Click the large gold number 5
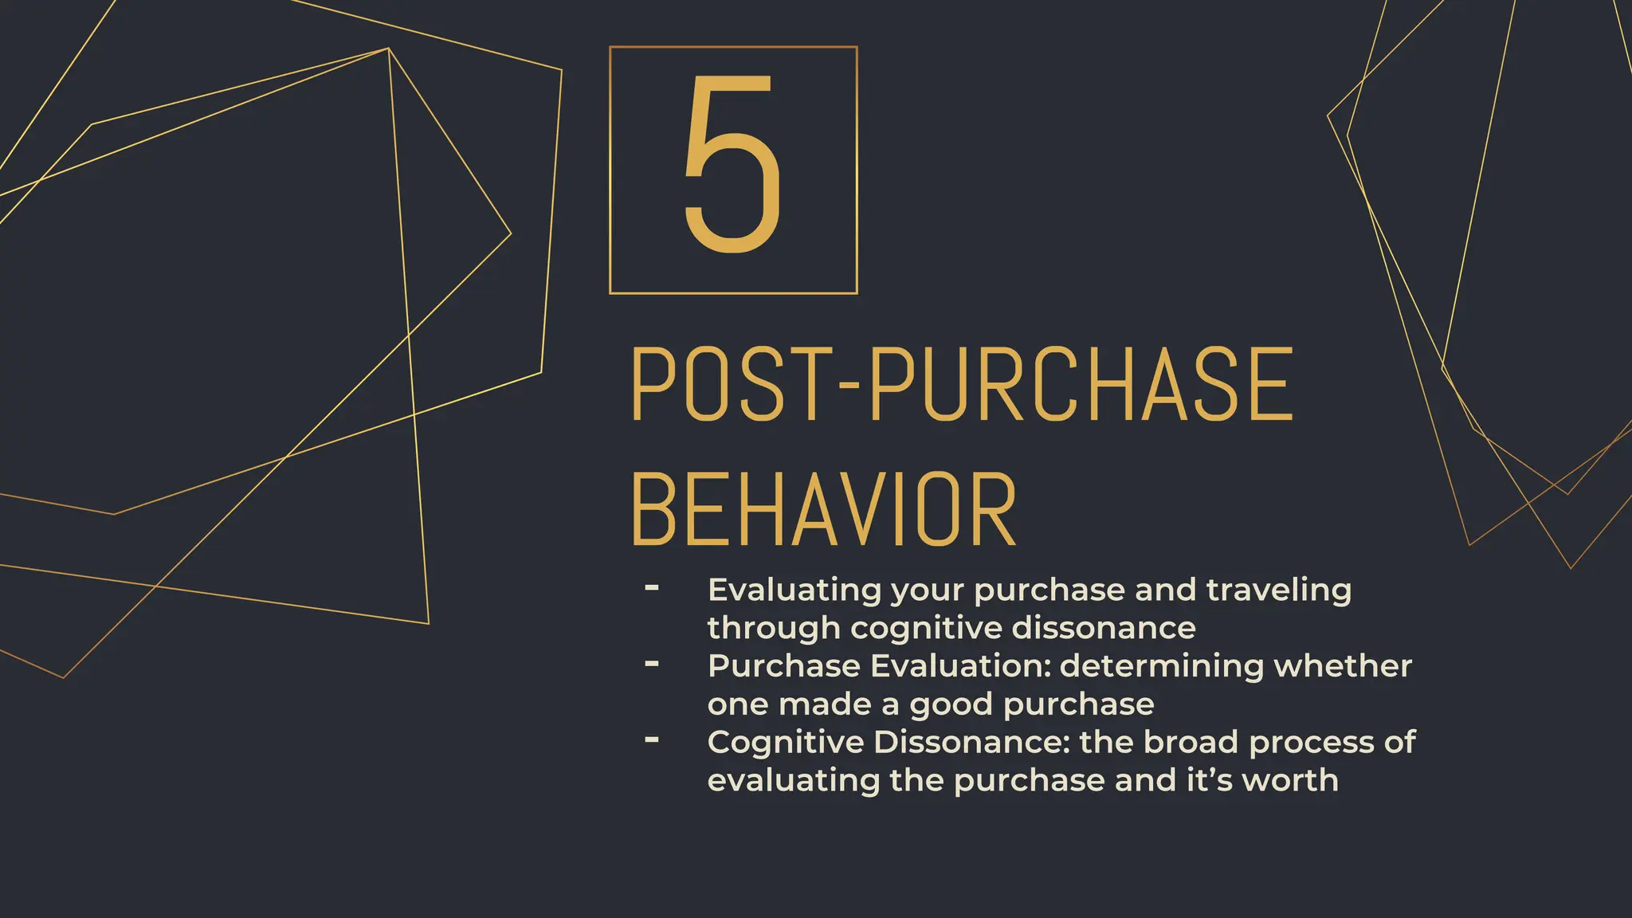[x=732, y=165]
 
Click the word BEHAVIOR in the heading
[x=824, y=510]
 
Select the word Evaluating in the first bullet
[x=793, y=590]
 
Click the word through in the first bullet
[x=773, y=628]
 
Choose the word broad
[x=1191, y=742]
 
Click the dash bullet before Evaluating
[x=652, y=588]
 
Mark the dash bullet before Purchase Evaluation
[x=652, y=663]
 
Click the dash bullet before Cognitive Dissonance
[x=652, y=740]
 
